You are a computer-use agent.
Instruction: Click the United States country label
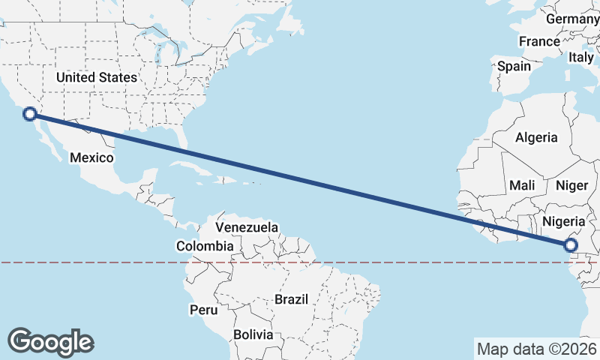[97, 77]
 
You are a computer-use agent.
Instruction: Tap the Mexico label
[91, 157]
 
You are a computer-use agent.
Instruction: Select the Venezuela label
[247, 227]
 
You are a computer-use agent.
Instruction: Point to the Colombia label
[205, 246]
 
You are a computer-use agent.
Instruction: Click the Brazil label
[291, 299]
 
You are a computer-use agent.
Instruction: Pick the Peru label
[203, 310]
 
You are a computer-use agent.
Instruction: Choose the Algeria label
[536, 137]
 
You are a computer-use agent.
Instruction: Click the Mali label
[522, 185]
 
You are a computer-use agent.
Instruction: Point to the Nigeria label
[562, 221]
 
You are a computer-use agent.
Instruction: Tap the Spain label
[514, 66]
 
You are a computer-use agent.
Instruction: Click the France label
[539, 42]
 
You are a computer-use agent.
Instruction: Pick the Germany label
[572, 19]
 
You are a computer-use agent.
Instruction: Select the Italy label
[581, 57]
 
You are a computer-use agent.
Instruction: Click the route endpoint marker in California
[30, 114]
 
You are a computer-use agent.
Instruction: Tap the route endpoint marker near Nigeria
[571, 244]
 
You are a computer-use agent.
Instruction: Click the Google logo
[51, 341]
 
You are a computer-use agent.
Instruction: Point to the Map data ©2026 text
[536, 349]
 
